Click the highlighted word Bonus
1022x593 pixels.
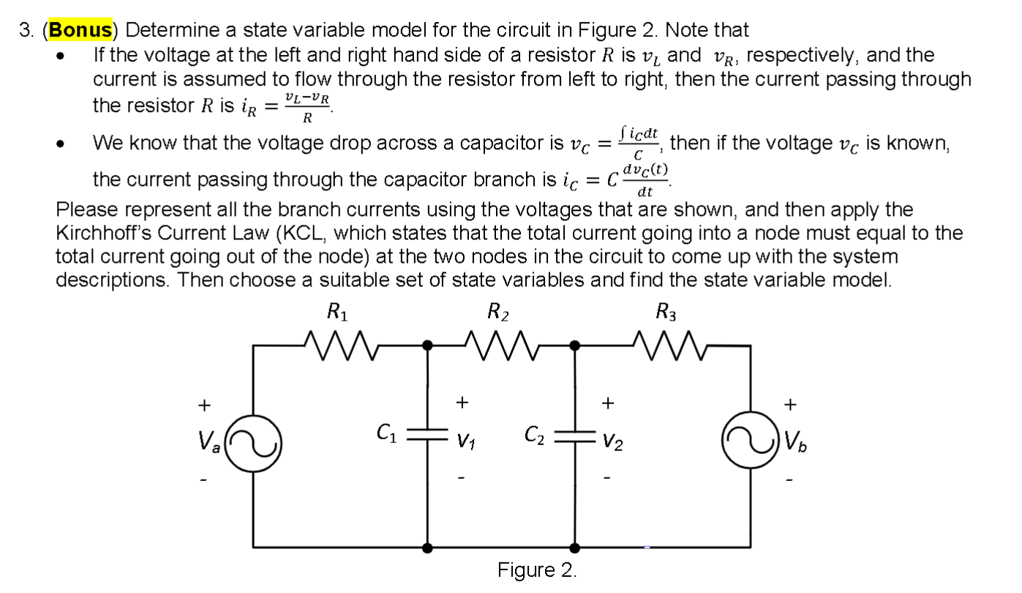pyautogui.click(x=81, y=30)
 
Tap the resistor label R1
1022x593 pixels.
pyautogui.click(x=337, y=314)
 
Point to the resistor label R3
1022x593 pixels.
pyautogui.click(x=666, y=314)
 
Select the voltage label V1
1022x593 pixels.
pyautogui.click(x=463, y=441)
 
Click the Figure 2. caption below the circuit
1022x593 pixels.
pyautogui.click(x=537, y=570)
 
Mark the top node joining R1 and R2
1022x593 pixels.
pyautogui.click(x=428, y=343)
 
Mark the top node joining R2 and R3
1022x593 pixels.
pyautogui.click(x=575, y=343)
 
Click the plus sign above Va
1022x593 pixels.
pyautogui.click(x=205, y=403)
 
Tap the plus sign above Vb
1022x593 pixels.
pyautogui.click(x=789, y=403)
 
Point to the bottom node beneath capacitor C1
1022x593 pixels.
pyautogui.click(x=428, y=546)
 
